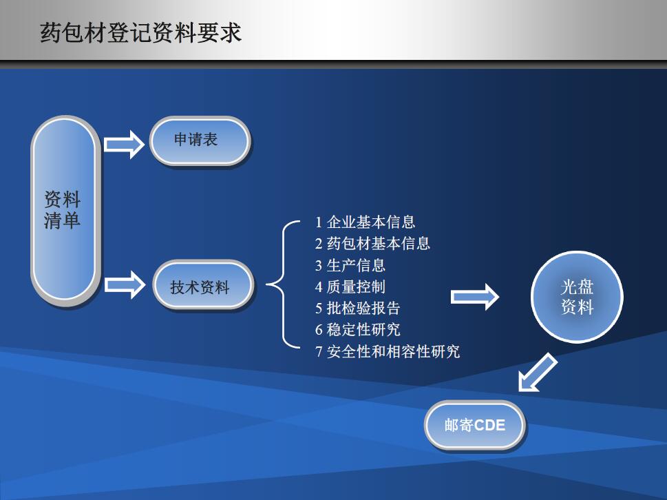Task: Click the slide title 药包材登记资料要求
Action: click(x=141, y=33)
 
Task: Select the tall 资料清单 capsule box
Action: click(x=65, y=210)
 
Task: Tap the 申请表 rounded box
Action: click(x=200, y=140)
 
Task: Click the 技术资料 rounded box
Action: click(x=203, y=284)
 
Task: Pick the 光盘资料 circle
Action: click(x=577, y=297)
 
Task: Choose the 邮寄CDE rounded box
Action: click(x=475, y=425)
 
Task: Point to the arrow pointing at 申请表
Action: click(x=124, y=145)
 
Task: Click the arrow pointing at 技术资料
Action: click(x=124, y=284)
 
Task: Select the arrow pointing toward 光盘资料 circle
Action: click(x=474, y=297)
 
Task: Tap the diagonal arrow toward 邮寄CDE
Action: click(x=538, y=372)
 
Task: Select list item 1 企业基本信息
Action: click(x=365, y=222)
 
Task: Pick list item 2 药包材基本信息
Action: click(x=372, y=243)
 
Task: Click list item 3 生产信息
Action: click(x=350, y=265)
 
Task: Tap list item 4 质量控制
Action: click(x=350, y=287)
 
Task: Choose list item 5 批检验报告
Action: click(x=358, y=308)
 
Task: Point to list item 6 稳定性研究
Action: click(x=358, y=329)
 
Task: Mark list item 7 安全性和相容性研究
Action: click(x=388, y=351)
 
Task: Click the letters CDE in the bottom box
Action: click(x=489, y=425)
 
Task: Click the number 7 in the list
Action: click(x=319, y=352)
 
